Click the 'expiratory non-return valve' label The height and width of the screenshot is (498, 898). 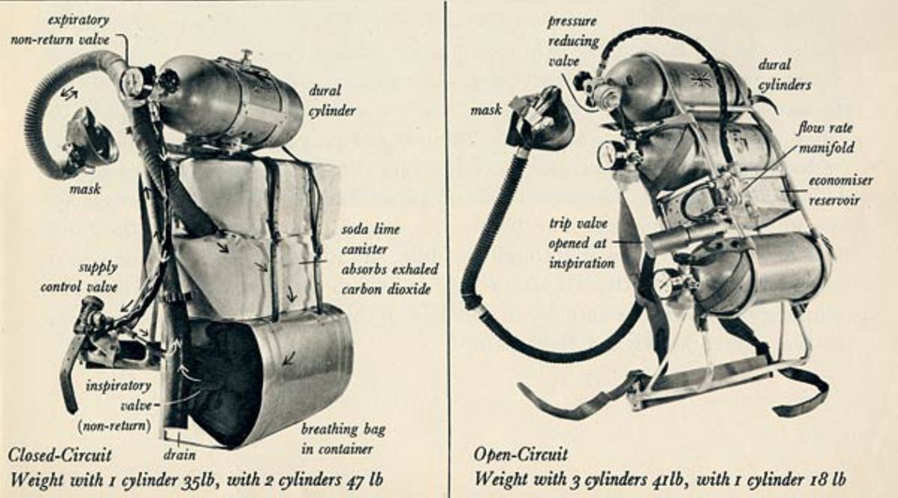click(60, 30)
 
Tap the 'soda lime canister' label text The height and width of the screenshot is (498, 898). click(371, 239)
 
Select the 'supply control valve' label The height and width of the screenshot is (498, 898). click(79, 277)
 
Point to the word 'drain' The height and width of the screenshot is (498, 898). click(180, 455)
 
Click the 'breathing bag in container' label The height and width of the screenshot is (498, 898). click(343, 439)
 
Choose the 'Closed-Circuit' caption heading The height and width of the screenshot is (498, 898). click(60, 455)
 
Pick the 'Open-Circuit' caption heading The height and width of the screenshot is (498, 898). click(521, 454)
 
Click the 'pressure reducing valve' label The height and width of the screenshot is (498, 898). click(574, 41)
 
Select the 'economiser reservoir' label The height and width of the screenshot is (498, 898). click(841, 190)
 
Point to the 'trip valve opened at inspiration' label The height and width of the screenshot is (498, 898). click(582, 243)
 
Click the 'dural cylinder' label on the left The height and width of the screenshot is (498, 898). click(332, 100)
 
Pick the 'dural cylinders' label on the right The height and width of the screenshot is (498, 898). click(785, 75)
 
